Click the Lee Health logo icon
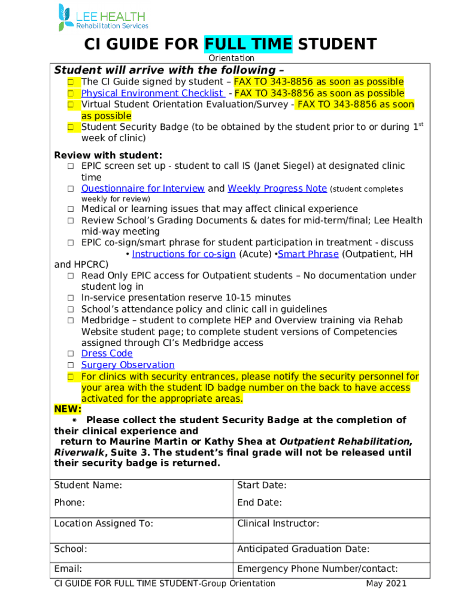click(x=64, y=17)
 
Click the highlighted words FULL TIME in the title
click(x=248, y=44)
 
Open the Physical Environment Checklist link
click(x=153, y=93)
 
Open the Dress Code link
click(x=107, y=354)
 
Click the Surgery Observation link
click(x=128, y=365)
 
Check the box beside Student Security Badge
click(x=70, y=127)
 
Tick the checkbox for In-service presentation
click(x=70, y=298)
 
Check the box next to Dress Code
click(x=70, y=354)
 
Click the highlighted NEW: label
click(x=68, y=409)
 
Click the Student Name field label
click(x=88, y=485)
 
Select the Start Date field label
click(x=262, y=485)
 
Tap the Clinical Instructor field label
click(x=278, y=524)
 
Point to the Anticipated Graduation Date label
click(x=303, y=550)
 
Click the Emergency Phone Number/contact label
click(x=317, y=569)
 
